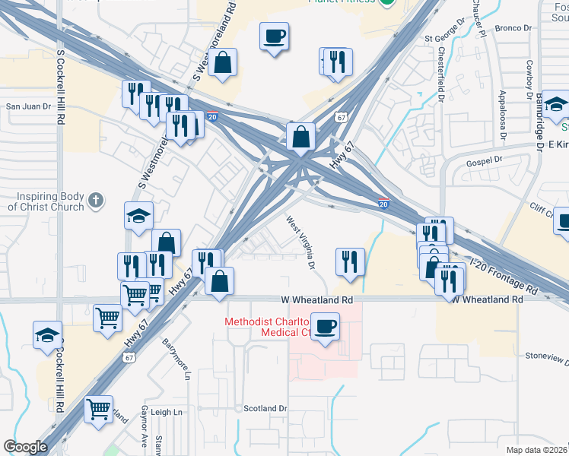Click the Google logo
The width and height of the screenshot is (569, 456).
25,447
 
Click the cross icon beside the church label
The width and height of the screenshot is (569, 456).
94,201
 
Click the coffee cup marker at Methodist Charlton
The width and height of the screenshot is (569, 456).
326,327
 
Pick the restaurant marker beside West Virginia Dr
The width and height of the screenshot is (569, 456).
349,261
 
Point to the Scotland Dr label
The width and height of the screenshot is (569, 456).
265,408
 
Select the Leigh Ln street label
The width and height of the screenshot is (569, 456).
167,412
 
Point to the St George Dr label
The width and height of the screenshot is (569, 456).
443,36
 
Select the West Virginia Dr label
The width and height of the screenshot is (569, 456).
300,242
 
